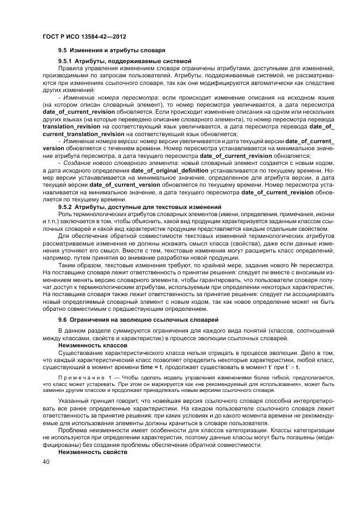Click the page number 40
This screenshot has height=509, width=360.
[46, 462]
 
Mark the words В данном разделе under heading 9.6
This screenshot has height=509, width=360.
[84, 331]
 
